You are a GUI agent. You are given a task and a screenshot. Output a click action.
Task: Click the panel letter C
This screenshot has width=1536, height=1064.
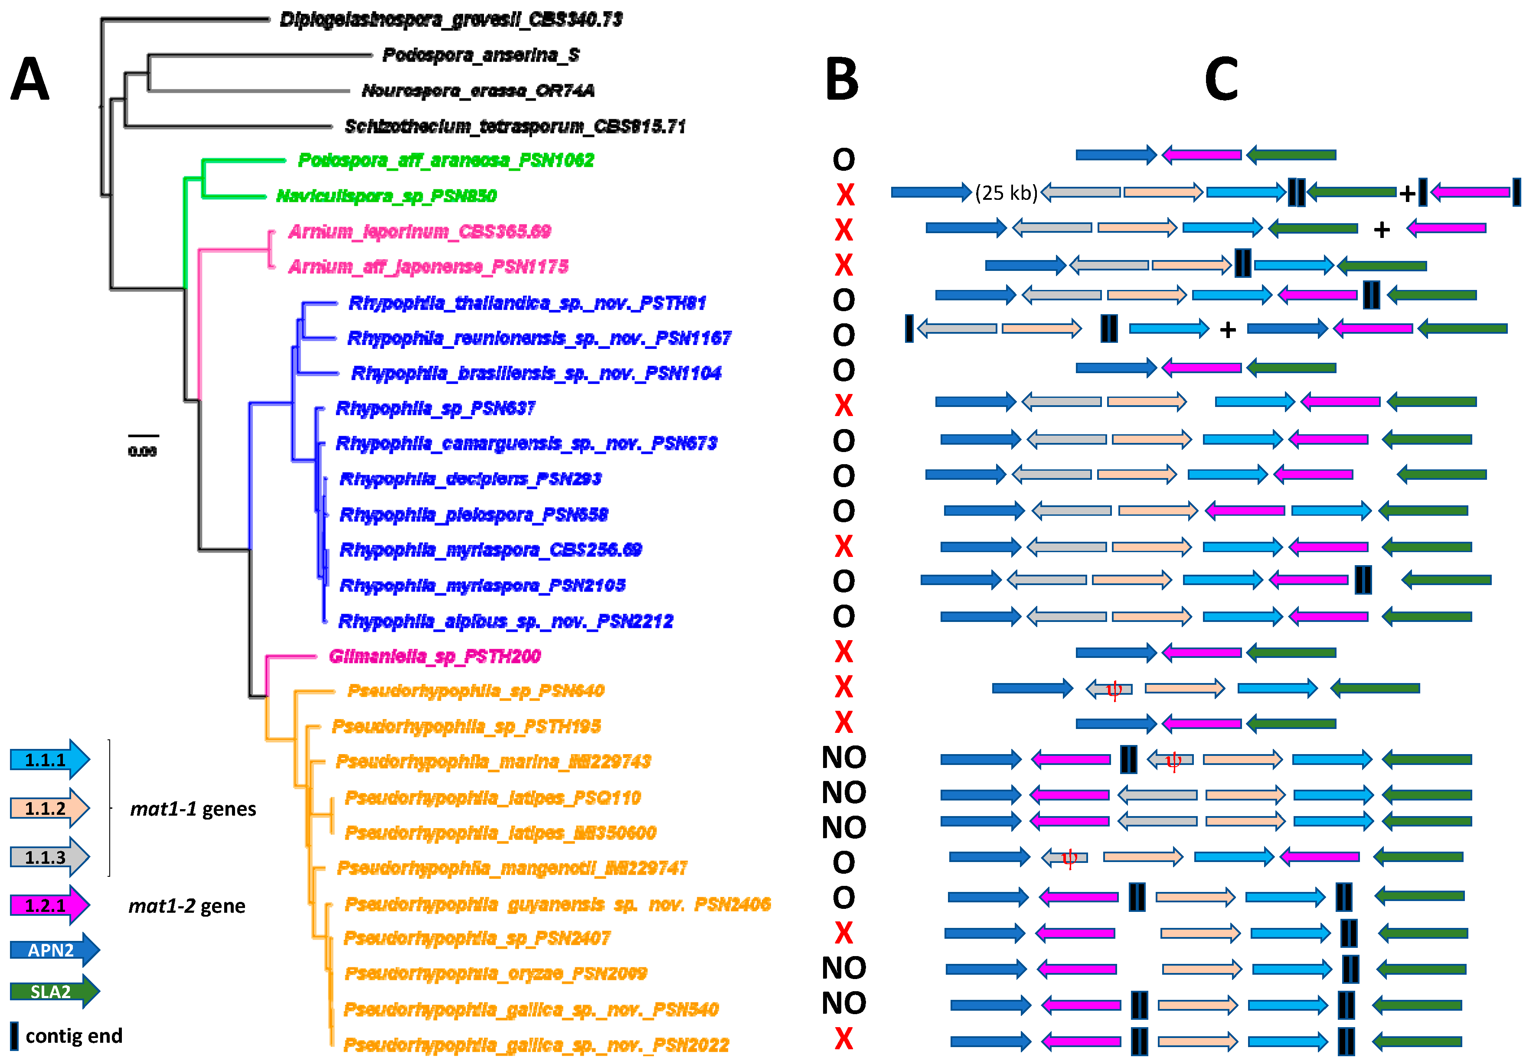tap(1221, 79)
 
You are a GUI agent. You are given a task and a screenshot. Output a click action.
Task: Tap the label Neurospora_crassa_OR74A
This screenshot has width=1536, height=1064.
tap(477, 90)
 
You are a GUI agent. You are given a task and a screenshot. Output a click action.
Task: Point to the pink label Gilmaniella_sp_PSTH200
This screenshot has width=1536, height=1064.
tap(434, 656)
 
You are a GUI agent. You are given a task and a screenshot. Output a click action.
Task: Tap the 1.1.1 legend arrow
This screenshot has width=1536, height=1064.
tap(49, 759)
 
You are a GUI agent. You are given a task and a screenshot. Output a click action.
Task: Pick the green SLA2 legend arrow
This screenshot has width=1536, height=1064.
tap(53, 991)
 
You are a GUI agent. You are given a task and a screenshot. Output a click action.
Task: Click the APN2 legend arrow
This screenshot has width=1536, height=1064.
tap(53, 949)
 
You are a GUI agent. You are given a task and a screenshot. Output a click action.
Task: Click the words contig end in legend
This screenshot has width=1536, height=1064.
tap(74, 1035)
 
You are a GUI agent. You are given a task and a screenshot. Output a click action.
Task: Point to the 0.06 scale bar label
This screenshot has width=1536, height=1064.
tap(142, 451)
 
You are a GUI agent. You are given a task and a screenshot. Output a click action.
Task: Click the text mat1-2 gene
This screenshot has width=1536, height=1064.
tap(187, 905)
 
